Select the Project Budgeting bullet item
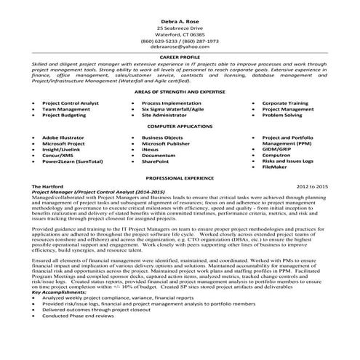click(65, 116)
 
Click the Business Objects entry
click(163, 137)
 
